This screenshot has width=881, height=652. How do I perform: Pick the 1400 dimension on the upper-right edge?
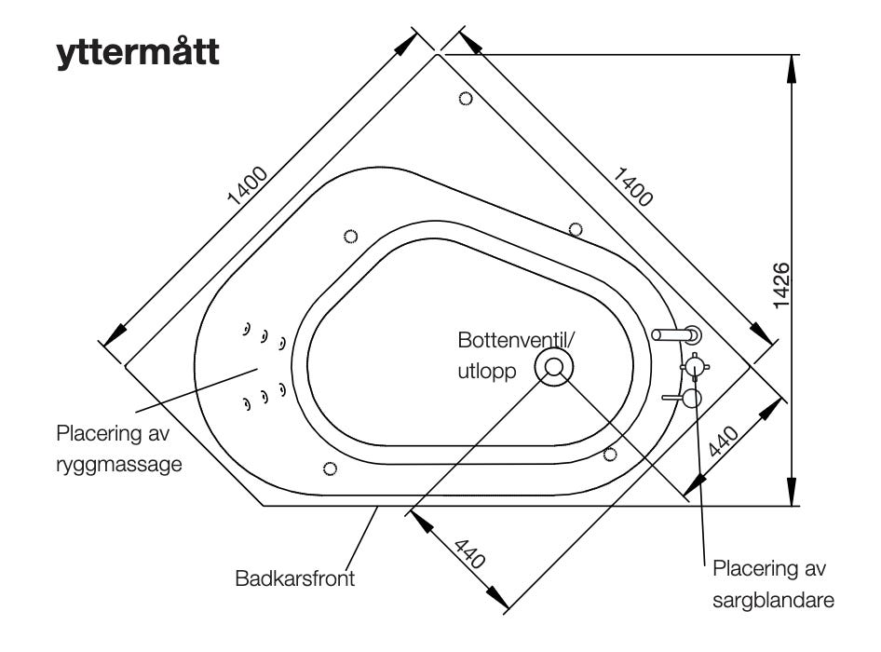point(632,185)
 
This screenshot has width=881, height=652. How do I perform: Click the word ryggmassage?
point(118,463)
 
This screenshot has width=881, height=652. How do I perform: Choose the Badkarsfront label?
point(295,579)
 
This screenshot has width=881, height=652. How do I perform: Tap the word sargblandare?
point(772,601)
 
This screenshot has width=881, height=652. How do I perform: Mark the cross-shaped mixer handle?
point(695,367)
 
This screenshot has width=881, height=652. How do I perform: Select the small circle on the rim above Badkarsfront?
point(328,468)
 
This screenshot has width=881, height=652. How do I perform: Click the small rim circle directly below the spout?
point(611,454)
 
